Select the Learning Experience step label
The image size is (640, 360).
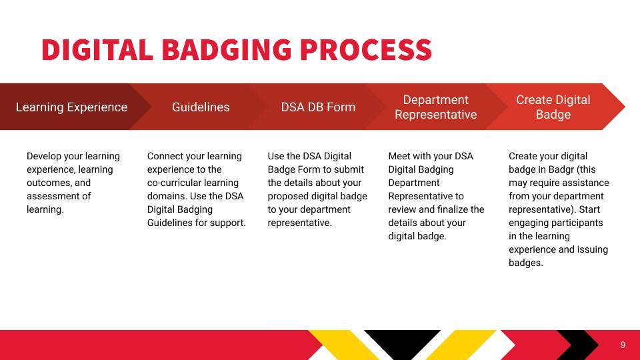71,107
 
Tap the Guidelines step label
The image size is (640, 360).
201,107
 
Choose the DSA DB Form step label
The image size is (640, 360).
318,107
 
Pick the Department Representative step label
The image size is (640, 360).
435,107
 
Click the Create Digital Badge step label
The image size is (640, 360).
553,107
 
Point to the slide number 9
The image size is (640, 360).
623,345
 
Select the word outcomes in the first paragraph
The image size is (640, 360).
48,183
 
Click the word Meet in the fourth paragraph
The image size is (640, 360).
400,156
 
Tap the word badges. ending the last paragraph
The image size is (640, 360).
526,263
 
